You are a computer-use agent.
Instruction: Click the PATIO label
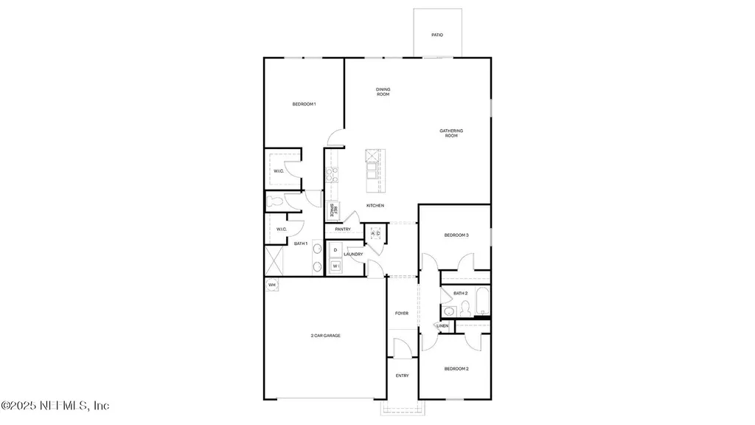[437, 35]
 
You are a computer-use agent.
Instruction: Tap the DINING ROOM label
[383, 92]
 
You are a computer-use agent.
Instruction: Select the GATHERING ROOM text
[450, 134]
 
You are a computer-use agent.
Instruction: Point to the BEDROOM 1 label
[304, 104]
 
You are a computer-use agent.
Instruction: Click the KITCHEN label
[375, 206]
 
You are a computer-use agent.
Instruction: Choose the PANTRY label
[343, 229]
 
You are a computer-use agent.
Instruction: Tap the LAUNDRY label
[353, 255]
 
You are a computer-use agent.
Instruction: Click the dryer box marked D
[335, 251]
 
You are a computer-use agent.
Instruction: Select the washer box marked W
[335, 266]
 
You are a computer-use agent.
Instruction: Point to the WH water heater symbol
[271, 285]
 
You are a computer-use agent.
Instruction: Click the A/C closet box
[375, 234]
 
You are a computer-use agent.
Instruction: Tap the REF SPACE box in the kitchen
[334, 210]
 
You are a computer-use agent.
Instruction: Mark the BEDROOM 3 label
[456, 235]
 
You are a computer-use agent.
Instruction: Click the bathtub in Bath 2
[484, 303]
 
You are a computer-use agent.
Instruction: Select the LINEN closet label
[442, 325]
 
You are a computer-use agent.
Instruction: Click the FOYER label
[402, 314]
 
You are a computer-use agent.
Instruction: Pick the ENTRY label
[402, 376]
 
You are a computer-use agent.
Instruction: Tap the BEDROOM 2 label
[456, 368]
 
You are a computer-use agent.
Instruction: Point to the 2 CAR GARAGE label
[325, 336]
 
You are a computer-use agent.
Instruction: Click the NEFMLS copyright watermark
[55, 405]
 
